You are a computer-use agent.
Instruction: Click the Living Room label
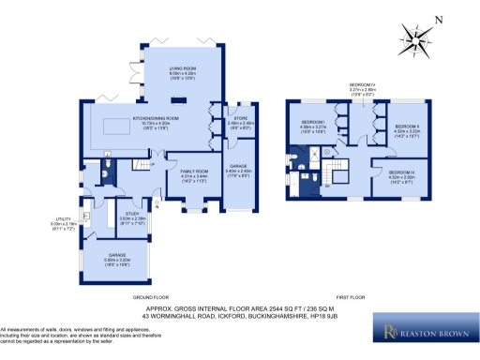tap(182, 76)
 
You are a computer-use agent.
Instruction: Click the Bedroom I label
tap(313, 127)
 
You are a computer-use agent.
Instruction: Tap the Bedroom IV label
tap(363, 89)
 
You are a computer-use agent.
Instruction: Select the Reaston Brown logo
tap(426, 331)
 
